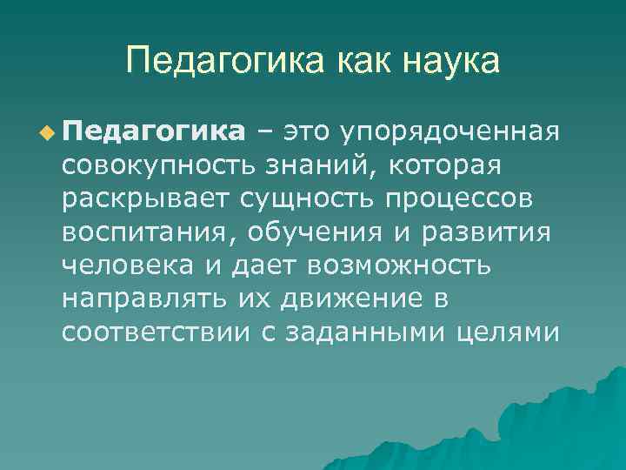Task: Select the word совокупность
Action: coord(151,164)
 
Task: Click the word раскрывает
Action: coord(143,198)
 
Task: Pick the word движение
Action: coord(350,297)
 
